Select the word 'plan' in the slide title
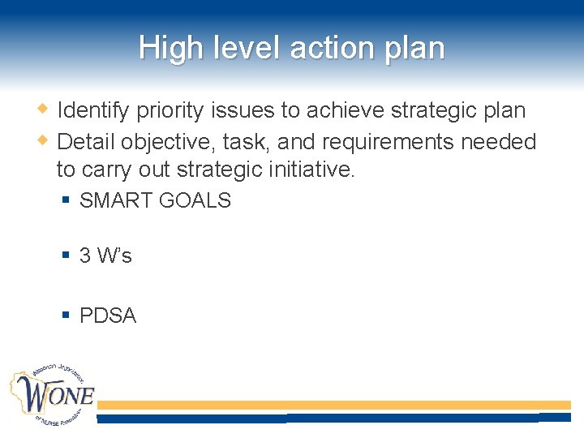(x=415, y=48)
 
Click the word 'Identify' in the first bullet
(x=94, y=110)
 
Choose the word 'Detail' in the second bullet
(x=87, y=142)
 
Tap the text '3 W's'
(x=105, y=256)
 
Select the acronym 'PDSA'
(x=108, y=316)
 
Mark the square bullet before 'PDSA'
(x=67, y=316)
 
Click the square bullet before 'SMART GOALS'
(x=67, y=200)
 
